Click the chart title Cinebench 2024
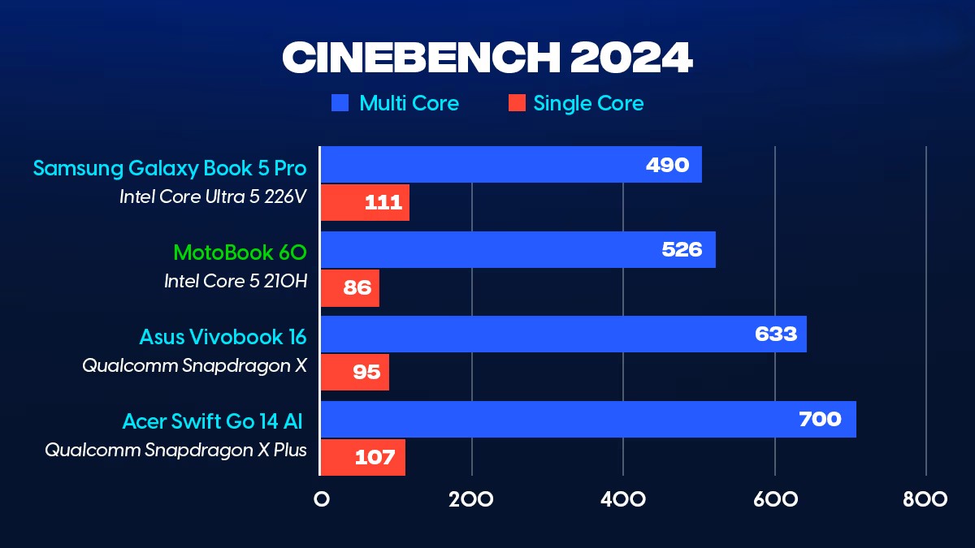[487, 57]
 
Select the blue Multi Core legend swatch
[340, 103]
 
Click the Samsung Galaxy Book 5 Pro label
[170, 168]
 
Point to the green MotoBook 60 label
[240, 252]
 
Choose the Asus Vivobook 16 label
[223, 336]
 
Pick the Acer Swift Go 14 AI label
[213, 421]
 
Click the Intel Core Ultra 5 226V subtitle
[213, 196]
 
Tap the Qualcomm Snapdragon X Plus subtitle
[175, 449]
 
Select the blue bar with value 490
[510, 165]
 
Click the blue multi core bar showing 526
[518, 249]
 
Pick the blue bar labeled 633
[563, 334]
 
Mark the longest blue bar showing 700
[588, 419]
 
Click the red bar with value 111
[365, 203]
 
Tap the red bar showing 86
[349, 287]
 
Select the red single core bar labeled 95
[354, 372]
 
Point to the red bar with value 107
[362, 457]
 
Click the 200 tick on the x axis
[471, 498]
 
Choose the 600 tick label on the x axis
[774, 498]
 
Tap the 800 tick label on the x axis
[925, 498]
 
